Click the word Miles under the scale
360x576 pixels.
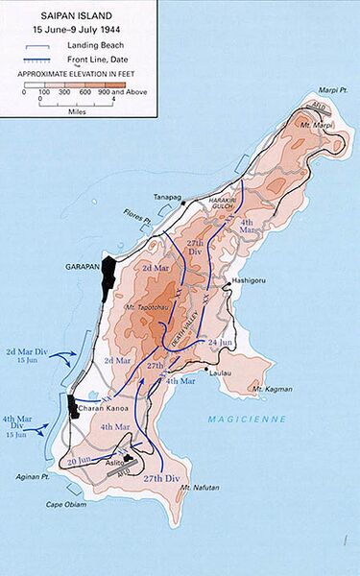pos(70,108)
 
